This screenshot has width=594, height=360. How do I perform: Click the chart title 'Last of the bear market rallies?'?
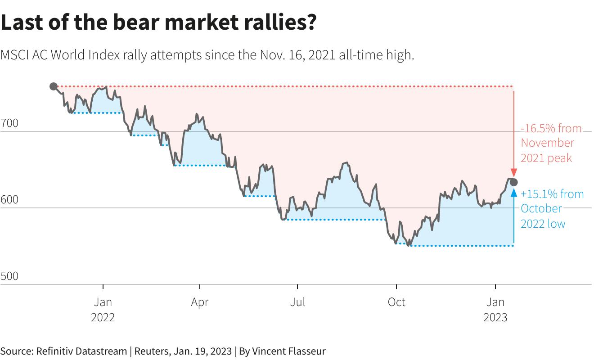click(158, 22)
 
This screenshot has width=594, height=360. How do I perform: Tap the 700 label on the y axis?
click(9, 123)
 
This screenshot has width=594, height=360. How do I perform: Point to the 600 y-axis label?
click(9, 199)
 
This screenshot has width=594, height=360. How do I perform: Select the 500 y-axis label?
click(9, 276)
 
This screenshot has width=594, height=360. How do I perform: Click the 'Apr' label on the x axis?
click(200, 302)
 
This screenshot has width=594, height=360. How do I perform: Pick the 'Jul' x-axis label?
click(297, 302)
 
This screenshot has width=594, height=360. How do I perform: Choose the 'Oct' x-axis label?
click(396, 302)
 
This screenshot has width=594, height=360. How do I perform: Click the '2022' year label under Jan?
click(103, 317)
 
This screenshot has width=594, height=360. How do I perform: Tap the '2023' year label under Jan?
click(495, 317)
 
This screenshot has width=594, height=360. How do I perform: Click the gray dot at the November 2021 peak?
click(53, 86)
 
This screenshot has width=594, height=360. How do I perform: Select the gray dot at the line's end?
click(514, 182)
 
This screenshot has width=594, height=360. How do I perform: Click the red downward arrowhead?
click(514, 174)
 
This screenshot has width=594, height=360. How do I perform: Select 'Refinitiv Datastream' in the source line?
click(81, 351)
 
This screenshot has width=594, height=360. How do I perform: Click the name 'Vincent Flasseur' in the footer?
click(288, 351)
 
